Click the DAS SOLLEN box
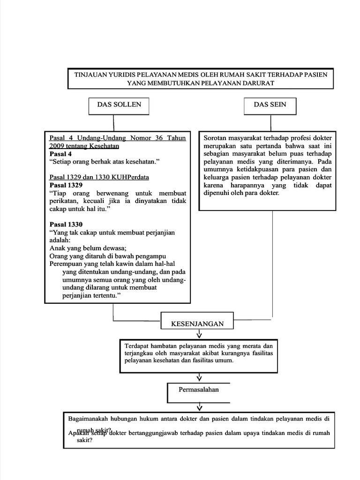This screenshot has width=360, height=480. pyautogui.click(x=119, y=106)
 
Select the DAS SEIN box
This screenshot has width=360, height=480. pyautogui.click(x=270, y=106)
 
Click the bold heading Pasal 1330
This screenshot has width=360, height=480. pyautogui.click(x=66, y=225)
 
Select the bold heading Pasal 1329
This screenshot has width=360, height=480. pyautogui.click(x=66, y=185)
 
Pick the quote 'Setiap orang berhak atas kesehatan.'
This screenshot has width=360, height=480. pyautogui.click(x=105, y=162)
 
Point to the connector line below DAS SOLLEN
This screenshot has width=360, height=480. pyautogui.click(x=113, y=123)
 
